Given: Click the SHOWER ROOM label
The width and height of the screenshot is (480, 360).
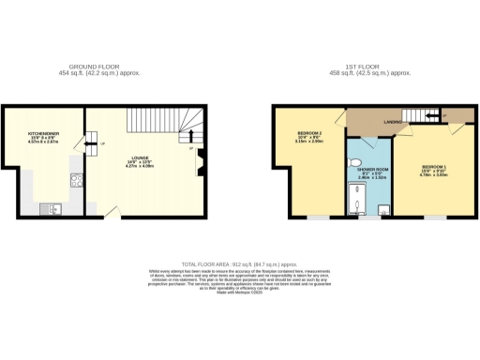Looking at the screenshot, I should coord(368,168).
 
